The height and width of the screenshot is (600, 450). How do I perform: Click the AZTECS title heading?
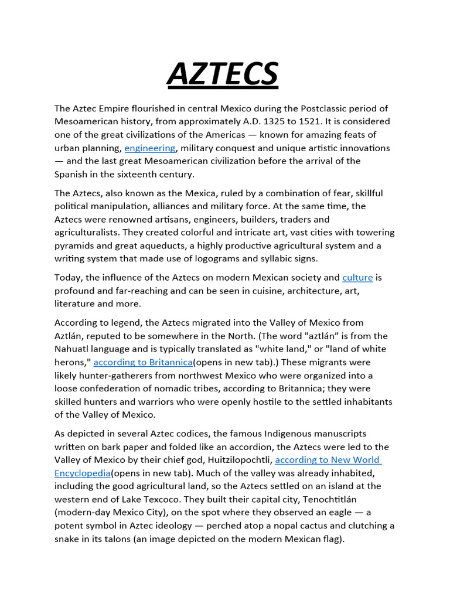click(x=223, y=74)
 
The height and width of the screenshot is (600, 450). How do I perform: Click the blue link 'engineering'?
click(x=150, y=148)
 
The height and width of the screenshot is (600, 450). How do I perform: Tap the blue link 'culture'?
click(x=357, y=277)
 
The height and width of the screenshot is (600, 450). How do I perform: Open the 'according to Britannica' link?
click(x=143, y=362)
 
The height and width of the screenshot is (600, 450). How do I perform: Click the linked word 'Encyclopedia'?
click(x=82, y=473)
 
